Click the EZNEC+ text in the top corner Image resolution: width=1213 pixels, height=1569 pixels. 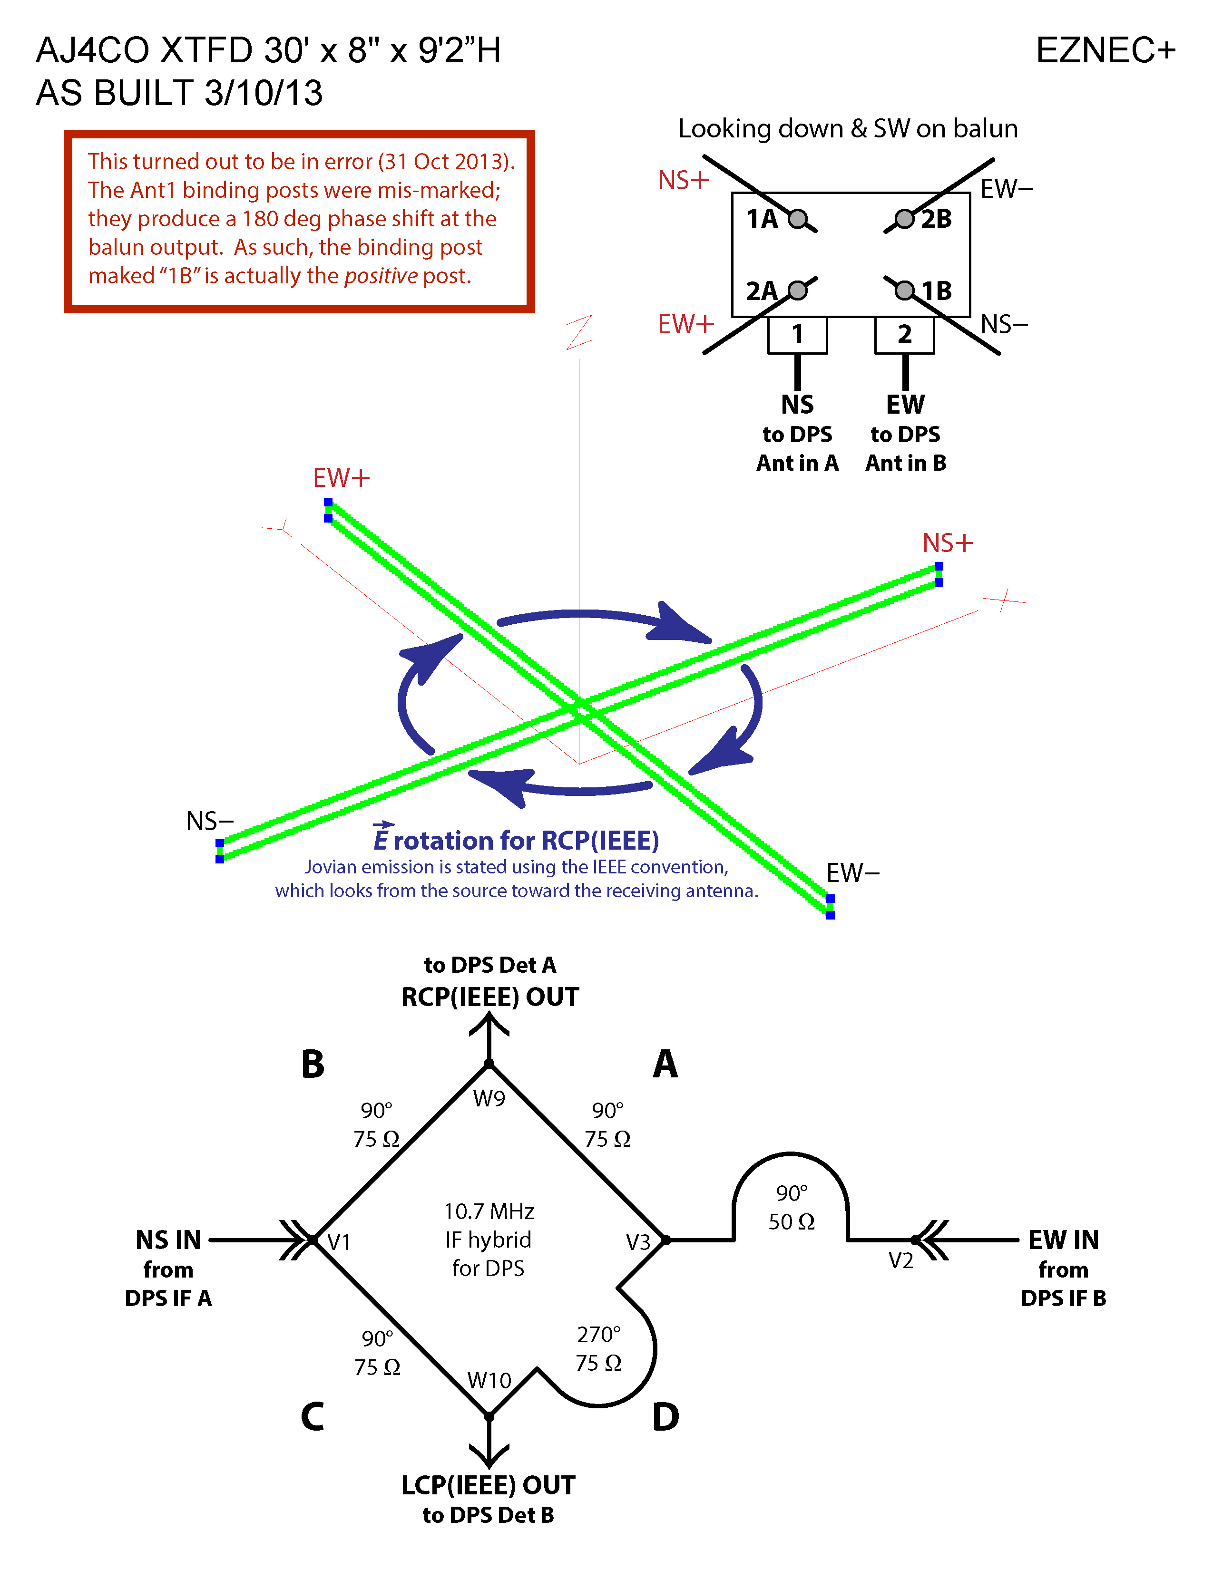(x=1105, y=51)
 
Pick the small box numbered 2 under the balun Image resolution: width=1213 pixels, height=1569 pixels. (x=904, y=335)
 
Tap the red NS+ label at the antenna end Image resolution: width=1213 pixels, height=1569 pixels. (x=947, y=543)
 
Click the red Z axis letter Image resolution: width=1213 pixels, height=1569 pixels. (x=579, y=332)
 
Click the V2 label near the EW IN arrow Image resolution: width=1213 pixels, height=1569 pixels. (x=900, y=1260)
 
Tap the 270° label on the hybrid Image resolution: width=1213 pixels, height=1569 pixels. (x=598, y=1335)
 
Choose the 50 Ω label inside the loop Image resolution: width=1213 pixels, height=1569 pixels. (x=791, y=1222)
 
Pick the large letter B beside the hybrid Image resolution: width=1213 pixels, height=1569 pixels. (x=313, y=1064)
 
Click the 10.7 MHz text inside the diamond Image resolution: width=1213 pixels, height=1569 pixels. (x=489, y=1212)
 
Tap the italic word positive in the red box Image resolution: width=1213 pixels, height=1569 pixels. (x=381, y=276)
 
